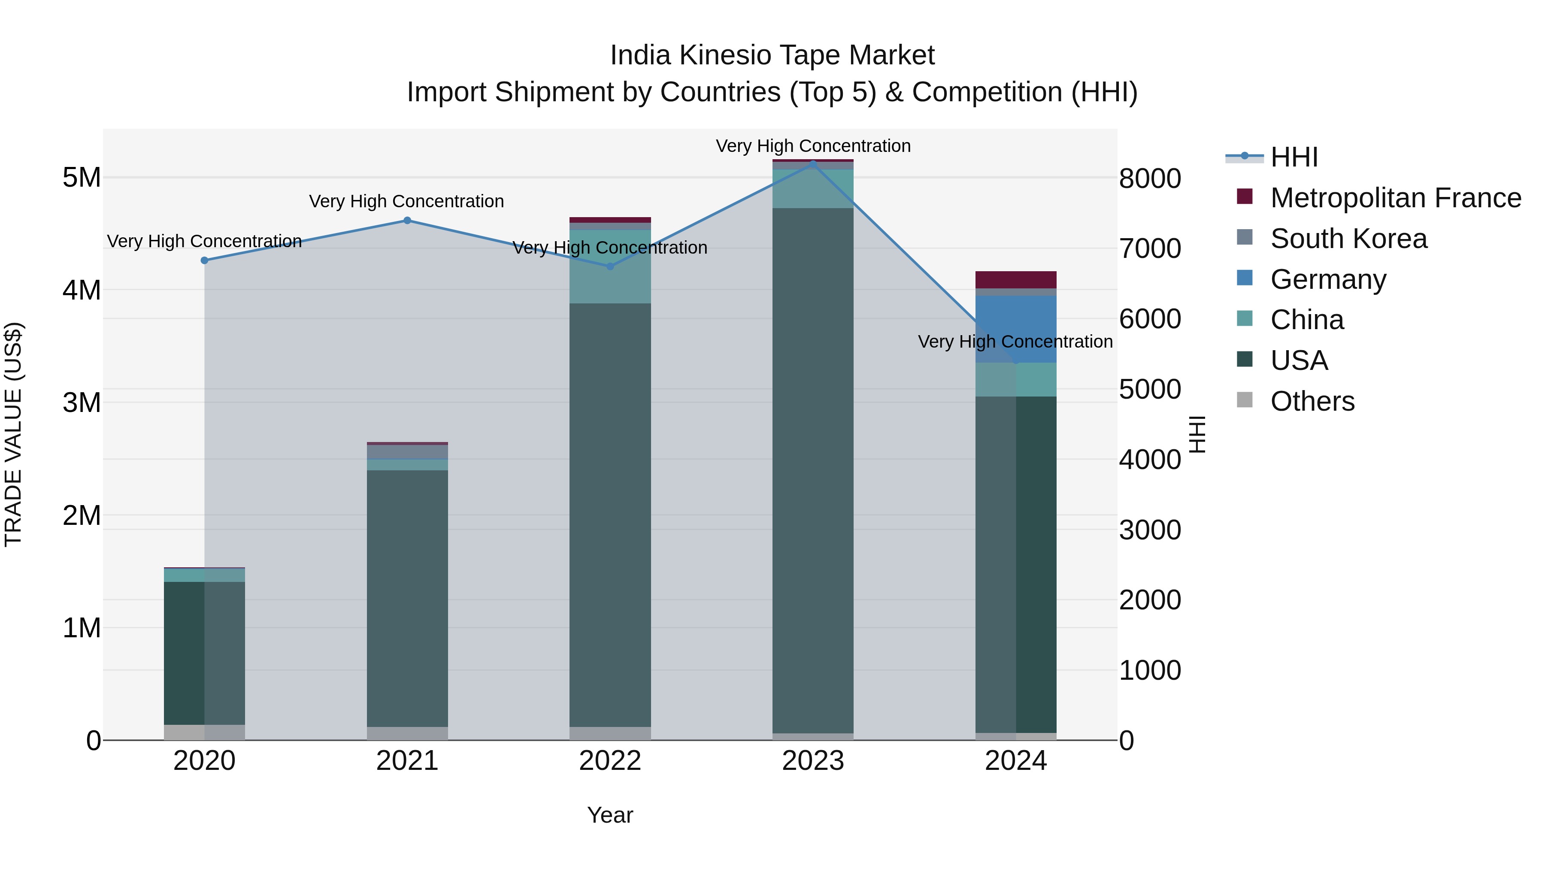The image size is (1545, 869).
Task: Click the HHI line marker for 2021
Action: click(407, 220)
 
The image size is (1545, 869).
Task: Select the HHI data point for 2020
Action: click(205, 260)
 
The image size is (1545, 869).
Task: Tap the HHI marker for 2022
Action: click(611, 266)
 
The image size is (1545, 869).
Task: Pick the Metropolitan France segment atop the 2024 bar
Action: click(1016, 279)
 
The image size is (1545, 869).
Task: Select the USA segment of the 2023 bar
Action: click(813, 468)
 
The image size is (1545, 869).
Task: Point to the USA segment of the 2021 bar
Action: click(407, 600)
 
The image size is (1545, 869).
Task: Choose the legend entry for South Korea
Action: click(1348, 239)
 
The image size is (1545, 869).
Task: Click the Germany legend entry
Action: click(1328, 279)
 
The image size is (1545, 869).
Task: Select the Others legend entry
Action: click(1312, 401)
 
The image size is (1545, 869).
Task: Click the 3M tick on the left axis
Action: click(82, 403)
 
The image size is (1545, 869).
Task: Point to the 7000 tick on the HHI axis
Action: click(1150, 248)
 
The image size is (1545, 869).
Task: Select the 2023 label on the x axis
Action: click(813, 761)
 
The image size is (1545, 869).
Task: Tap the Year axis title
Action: click(610, 815)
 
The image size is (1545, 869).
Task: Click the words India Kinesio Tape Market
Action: click(772, 55)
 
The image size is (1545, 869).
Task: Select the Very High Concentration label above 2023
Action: click(813, 146)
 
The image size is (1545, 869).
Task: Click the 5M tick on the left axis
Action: click(82, 178)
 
